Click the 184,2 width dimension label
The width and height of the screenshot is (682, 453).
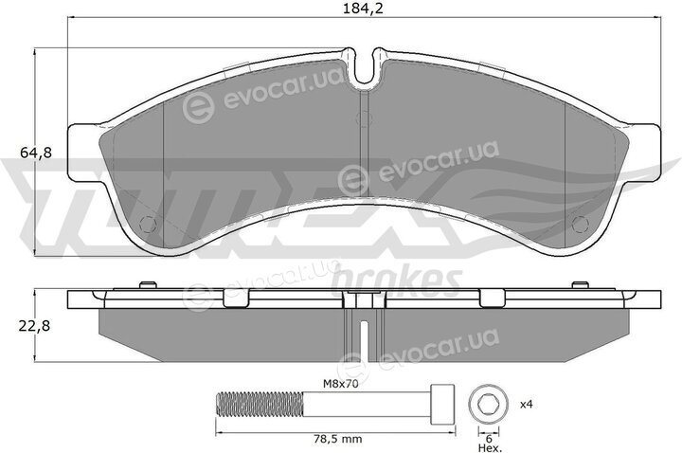pos(363,9)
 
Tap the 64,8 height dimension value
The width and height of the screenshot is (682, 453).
pos(36,153)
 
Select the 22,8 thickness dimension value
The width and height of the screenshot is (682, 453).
pos(34,325)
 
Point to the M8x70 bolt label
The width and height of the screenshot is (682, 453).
pos(340,384)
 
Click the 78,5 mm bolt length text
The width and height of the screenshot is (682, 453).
pos(337,439)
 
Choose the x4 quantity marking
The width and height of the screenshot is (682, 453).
pos(527,405)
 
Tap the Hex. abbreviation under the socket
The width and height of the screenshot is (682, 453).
pos(490,447)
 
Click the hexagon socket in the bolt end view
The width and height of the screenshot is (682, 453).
pos(486,405)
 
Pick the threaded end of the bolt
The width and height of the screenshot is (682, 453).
pos(260,405)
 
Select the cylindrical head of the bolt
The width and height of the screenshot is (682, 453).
pos(442,405)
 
